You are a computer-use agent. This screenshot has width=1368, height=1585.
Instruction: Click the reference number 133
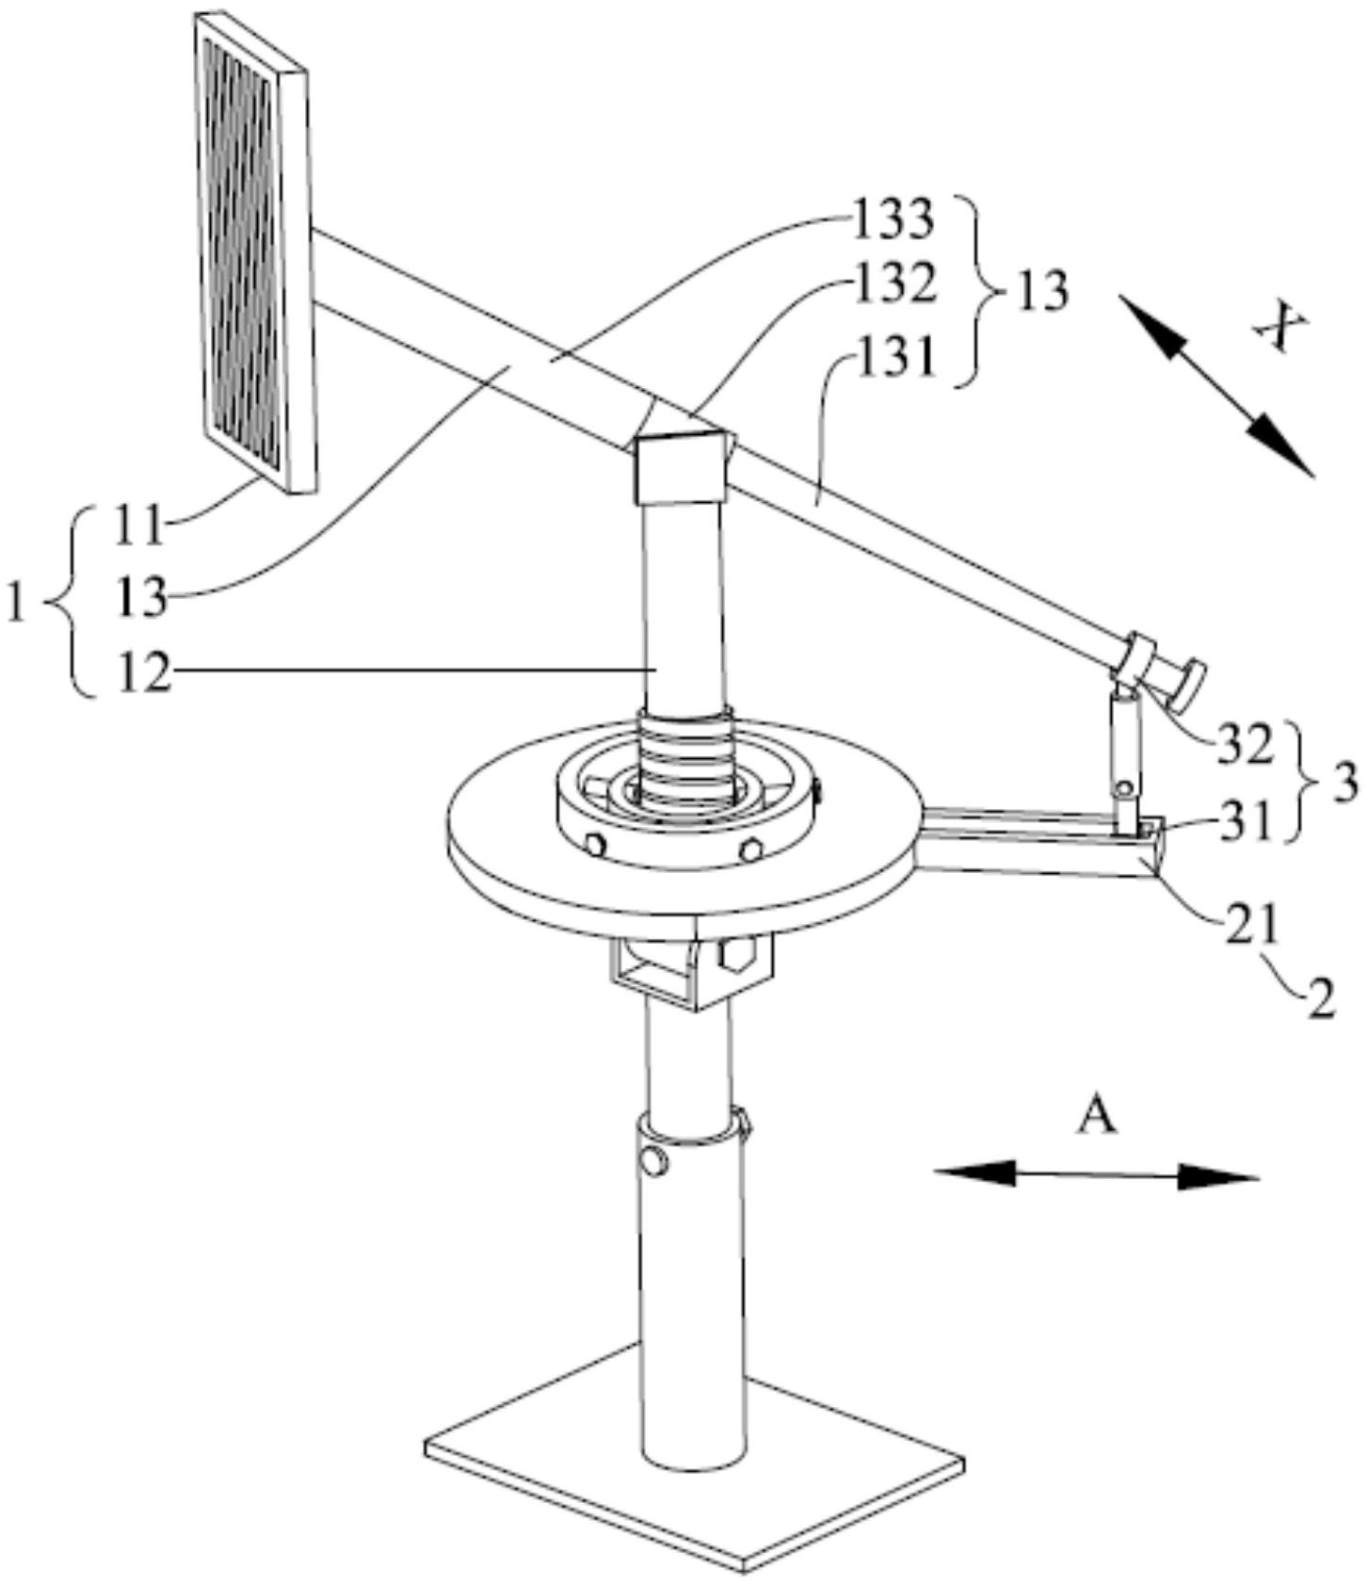[x=893, y=218]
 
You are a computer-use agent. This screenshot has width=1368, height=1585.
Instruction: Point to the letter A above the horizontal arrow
[x=1097, y=1117]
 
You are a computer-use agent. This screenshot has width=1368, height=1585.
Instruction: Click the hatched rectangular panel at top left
[x=253, y=251]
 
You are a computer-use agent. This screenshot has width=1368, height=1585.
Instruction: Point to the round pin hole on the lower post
[x=654, y=1160]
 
